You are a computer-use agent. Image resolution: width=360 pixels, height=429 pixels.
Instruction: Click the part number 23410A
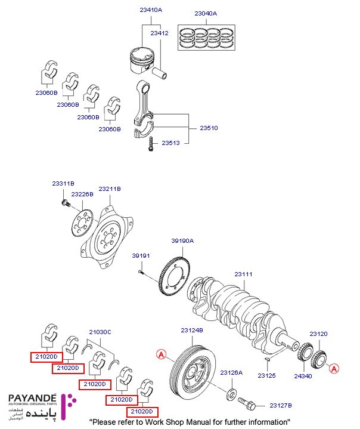(151, 11)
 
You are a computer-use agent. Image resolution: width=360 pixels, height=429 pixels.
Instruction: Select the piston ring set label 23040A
(206, 13)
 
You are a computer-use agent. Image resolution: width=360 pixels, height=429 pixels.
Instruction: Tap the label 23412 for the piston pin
(160, 33)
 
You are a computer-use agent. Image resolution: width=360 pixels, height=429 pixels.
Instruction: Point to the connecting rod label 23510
(209, 128)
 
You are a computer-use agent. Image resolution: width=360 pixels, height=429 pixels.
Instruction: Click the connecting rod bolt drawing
(150, 144)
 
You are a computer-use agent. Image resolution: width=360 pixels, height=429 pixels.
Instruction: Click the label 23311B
(63, 183)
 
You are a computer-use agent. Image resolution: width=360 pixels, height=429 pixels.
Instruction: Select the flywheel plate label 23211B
(110, 189)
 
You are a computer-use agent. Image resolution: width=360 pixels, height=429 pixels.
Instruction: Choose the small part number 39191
(140, 255)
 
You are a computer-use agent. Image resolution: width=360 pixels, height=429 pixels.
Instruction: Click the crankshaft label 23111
(243, 274)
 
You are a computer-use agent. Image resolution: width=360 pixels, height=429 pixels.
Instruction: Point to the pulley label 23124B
(193, 330)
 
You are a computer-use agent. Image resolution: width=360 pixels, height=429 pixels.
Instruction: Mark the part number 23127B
(281, 405)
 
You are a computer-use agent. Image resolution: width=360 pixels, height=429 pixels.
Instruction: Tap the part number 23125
(267, 376)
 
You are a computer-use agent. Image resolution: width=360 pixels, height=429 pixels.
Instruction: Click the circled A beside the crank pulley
(160, 354)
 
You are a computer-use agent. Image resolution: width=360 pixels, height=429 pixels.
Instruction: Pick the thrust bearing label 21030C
(100, 331)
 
